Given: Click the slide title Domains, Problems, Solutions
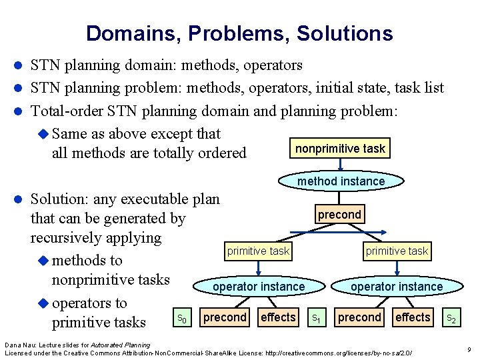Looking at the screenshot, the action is pos(239,33).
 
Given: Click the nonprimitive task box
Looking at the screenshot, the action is pos(340,149).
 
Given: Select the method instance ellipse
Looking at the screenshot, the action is pos(341,181).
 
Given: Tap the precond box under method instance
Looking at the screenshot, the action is pos(339,215).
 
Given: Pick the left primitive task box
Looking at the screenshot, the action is pos(258,251).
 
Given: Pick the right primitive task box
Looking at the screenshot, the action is pos(397,251).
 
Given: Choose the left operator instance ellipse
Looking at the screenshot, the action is pos(259,287).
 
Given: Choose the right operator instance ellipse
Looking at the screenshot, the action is pos(397,287).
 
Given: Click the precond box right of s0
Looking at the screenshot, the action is pos(225,317).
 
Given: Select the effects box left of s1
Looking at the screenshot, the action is pos(279,317).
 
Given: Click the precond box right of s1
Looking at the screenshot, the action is pos(359,317).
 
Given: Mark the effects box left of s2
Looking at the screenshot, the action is pos(413,317).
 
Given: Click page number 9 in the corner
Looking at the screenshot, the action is pos(469,349).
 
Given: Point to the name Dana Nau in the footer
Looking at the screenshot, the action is pos(18,344).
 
